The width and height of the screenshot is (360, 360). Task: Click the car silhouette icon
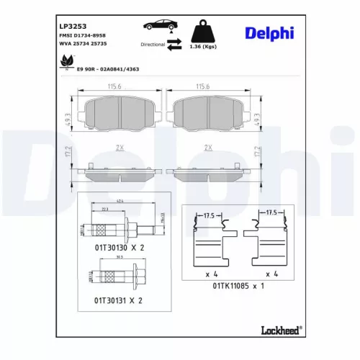click(x=160, y=25)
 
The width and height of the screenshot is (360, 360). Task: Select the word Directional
click(x=153, y=44)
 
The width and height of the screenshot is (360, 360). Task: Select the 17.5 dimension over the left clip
click(x=209, y=214)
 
